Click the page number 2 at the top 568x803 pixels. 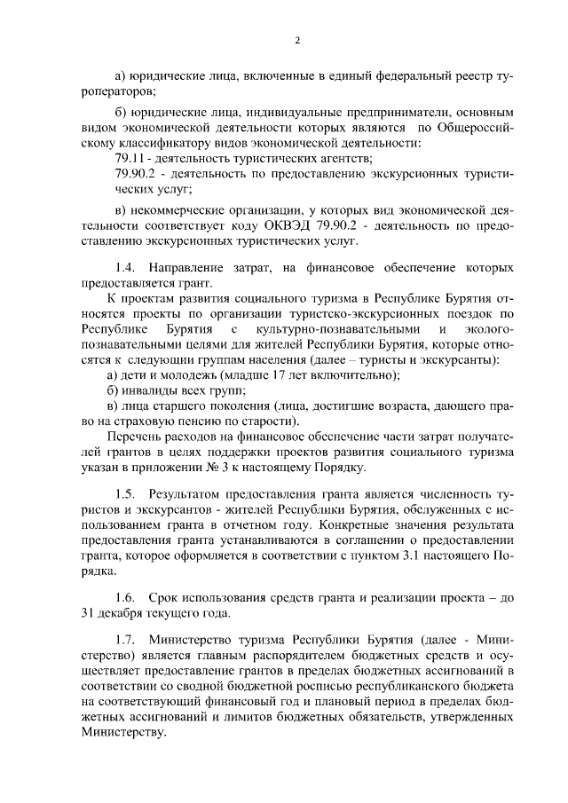(x=297, y=40)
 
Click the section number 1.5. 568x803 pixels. (x=127, y=492)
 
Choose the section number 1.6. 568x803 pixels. (x=127, y=599)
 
